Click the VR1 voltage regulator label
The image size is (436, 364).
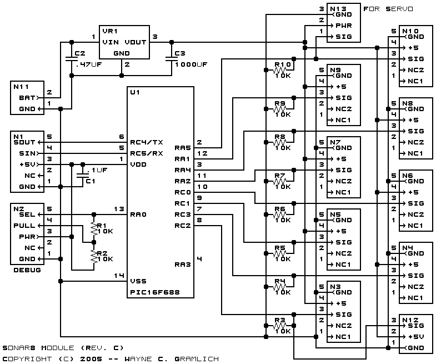point(110,31)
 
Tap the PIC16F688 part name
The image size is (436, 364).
point(155,292)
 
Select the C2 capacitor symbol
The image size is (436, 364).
point(72,59)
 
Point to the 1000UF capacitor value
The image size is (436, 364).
point(191,64)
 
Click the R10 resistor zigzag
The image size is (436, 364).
point(280,70)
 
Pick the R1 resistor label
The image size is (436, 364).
point(102,226)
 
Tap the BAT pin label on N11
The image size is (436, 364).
point(27,98)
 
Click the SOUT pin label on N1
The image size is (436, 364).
point(24,142)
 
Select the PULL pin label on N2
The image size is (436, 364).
point(24,226)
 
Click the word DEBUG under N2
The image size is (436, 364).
point(27,270)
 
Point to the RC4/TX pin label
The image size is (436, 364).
point(147,142)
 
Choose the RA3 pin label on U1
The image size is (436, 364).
point(183,265)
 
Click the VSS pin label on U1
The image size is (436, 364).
point(138,281)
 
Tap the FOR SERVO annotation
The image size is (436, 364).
point(388,9)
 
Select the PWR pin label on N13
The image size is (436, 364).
point(344,26)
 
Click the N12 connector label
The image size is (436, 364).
point(410,320)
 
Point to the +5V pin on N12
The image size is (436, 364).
point(416,337)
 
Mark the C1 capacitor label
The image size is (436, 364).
point(91,181)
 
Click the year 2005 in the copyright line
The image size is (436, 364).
point(91,359)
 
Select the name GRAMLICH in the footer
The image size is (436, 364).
point(197,359)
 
